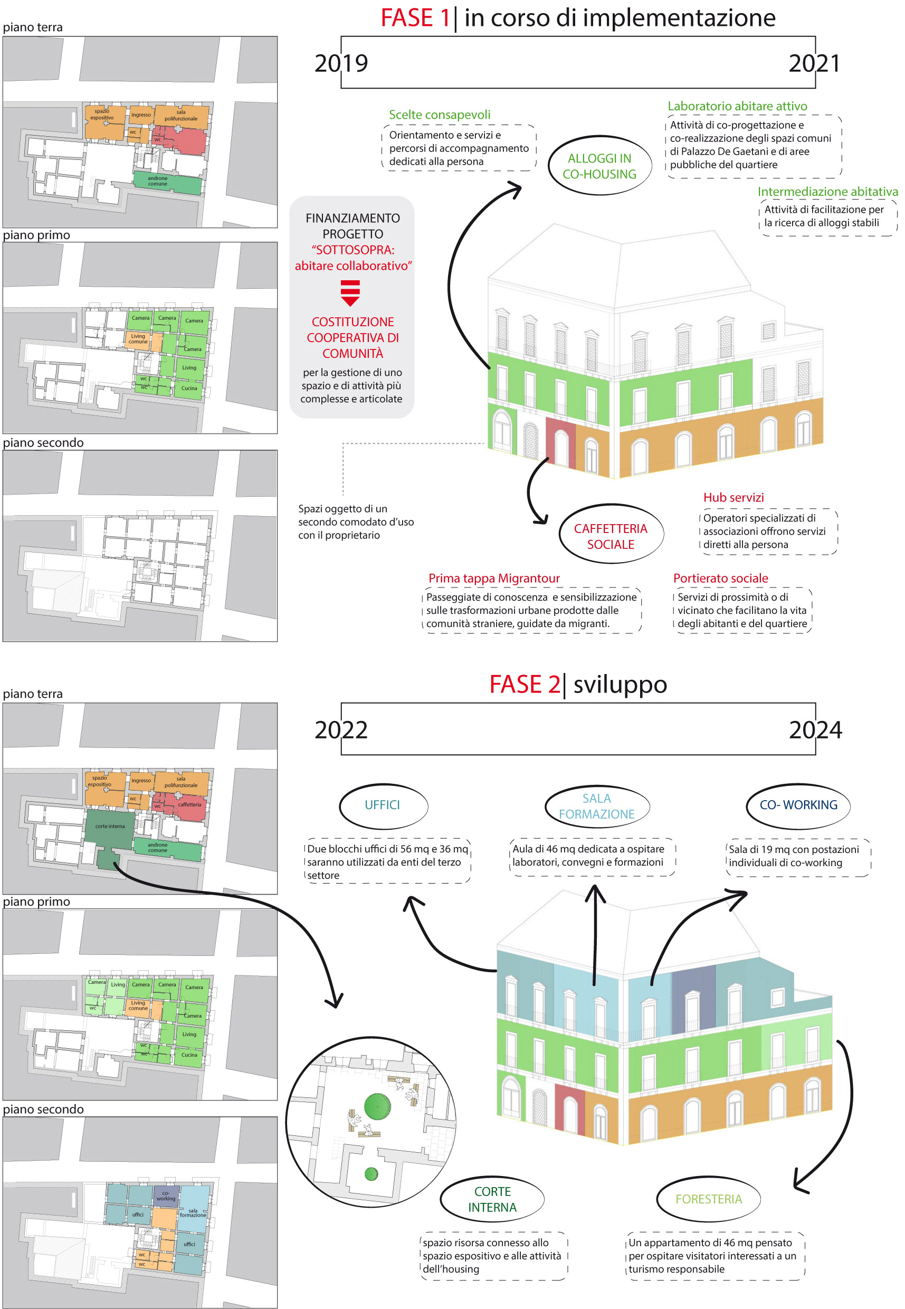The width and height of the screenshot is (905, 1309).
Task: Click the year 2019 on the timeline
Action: pyautogui.click(x=341, y=63)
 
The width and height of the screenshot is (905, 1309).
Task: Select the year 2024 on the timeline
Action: pyautogui.click(x=815, y=730)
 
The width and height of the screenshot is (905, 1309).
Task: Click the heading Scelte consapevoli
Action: pyautogui.click(x=440, y=115)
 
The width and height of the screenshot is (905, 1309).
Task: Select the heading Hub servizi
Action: pyautogui.click(x=733, y=497)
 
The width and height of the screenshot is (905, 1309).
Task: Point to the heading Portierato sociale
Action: pyautogui.click(x=721, y=578)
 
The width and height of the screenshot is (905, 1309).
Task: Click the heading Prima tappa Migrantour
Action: pyautogui.click(x=494, y=578)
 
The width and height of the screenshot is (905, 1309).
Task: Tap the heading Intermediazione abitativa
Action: pyautogui.click(x=827, y=192)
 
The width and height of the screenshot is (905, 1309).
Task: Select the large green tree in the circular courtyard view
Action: pyautogui.click(x=377, y=1106)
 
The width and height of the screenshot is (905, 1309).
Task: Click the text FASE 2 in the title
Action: pyautogui.click(x=525, y=685)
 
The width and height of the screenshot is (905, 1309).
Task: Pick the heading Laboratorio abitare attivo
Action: pyautogui.click(x=737, y=106)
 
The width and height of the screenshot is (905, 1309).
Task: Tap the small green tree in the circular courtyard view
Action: pyautogui.click(x=371, y=1174)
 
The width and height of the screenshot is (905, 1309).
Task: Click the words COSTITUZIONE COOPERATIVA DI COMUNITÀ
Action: pyautogui.click(x=353, y=337)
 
